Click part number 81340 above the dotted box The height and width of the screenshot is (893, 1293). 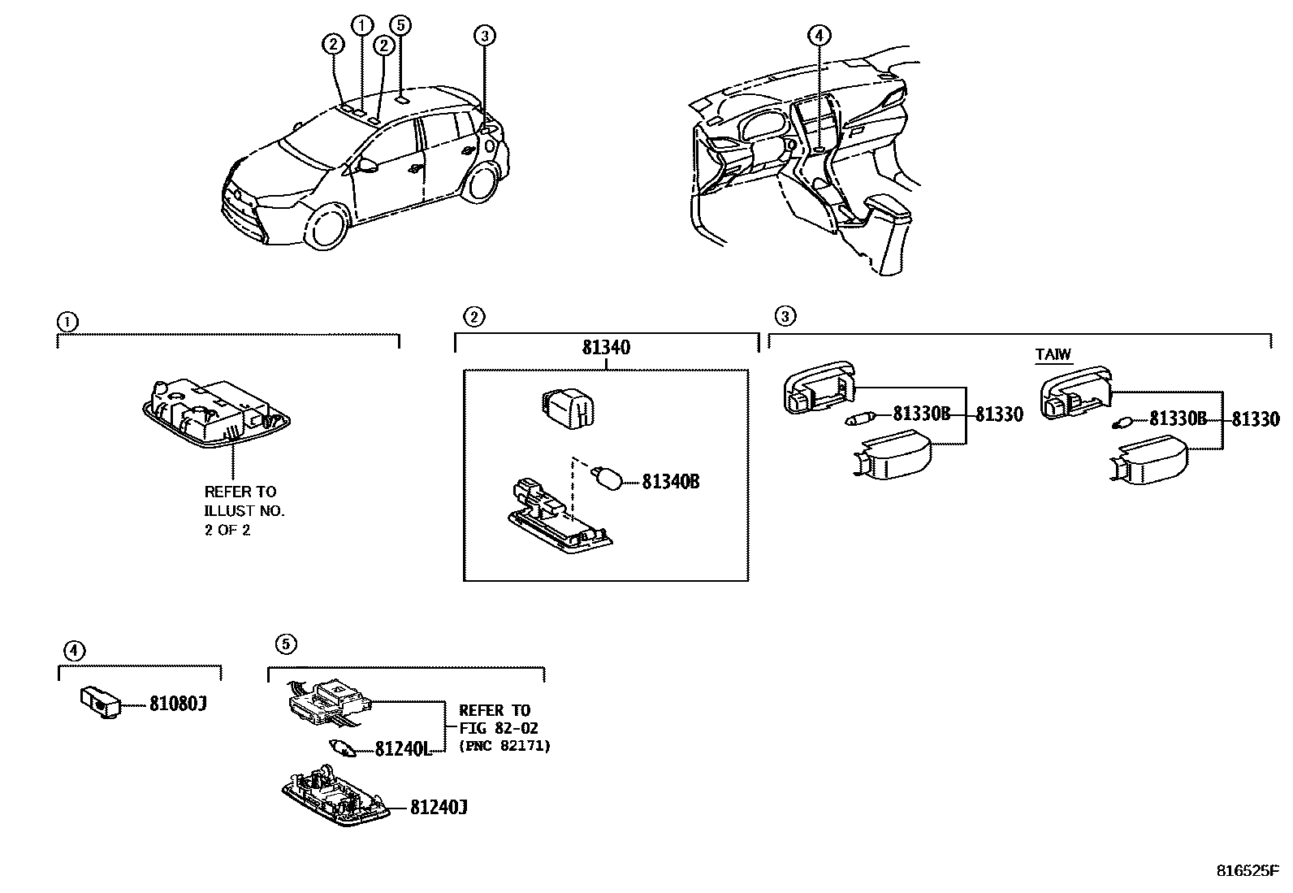(606, 348)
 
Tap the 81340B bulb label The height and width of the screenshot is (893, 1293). (670, 482)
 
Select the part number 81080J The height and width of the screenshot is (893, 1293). (177, 704)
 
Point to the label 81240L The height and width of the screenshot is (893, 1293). (402, 748)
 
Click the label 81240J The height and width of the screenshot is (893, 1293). (438, 807)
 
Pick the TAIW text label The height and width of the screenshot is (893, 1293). (1053, 354)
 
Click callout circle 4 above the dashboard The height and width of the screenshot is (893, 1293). (819, 35)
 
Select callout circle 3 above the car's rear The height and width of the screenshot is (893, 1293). (484, 35)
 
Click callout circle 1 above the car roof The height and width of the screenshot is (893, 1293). (361, 25)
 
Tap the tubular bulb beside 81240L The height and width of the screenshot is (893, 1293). (344, 748)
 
